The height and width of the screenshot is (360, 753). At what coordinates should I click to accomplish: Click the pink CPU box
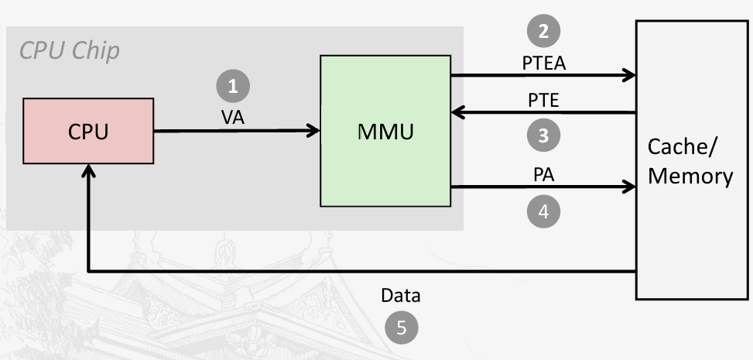88,131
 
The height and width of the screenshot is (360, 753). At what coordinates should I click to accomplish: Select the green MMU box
385,130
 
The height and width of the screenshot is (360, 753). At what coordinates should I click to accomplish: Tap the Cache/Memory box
690,160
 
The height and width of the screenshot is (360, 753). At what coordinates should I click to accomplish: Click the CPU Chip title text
69,51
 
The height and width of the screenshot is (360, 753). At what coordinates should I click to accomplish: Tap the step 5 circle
401,327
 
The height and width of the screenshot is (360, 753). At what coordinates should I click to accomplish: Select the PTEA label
543,63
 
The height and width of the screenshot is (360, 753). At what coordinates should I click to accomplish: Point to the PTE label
543,100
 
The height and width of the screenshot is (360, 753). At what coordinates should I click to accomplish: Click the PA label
543,174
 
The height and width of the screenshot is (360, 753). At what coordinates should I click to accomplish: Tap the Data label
401,296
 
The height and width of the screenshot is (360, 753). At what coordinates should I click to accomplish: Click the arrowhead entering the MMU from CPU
314,131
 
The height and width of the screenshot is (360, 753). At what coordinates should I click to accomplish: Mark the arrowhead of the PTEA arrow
629,75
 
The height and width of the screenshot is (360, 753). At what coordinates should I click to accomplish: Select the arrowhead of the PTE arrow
457,112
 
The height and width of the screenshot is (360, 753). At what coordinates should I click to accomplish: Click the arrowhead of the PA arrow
629,187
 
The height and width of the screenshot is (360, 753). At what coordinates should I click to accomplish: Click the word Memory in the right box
690,176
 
